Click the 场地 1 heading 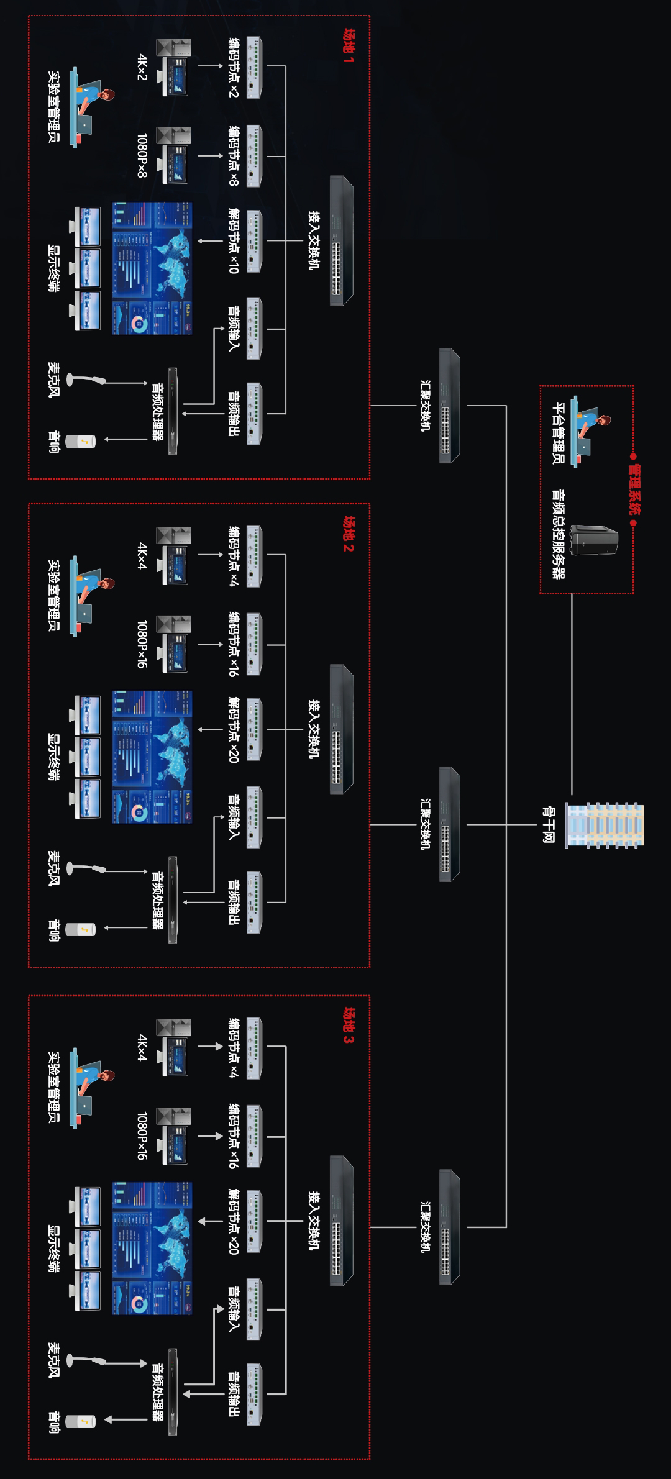[349, 46]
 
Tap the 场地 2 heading [349, 534]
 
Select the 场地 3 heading [349, 1025]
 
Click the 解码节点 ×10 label [234, 241]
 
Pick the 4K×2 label [142, 67]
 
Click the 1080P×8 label [142, 155]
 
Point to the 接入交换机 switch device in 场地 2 [341, 729]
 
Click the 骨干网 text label [548, 825]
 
